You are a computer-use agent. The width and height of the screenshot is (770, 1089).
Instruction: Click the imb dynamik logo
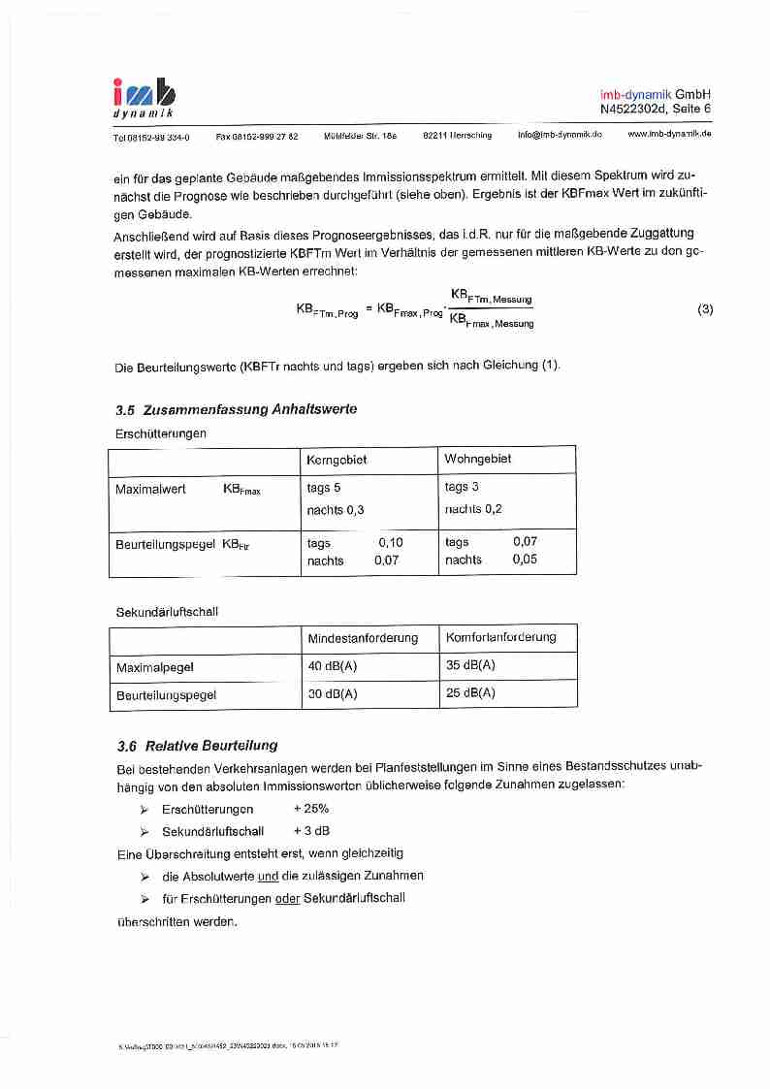point(144,98)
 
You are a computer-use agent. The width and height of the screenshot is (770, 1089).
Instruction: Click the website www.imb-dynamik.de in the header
point(669,134)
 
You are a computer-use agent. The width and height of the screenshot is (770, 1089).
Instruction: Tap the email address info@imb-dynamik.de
point(560,135)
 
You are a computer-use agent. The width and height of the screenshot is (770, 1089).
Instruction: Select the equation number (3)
point(705,309)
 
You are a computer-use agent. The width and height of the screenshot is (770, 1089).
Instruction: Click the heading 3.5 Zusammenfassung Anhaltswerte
point(236,409)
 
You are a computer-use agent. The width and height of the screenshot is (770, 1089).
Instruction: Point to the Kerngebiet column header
point(337,459)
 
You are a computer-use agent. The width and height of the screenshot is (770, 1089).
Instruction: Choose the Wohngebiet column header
point(477,459)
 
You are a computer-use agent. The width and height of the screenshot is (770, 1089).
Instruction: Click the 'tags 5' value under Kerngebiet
point(324,488)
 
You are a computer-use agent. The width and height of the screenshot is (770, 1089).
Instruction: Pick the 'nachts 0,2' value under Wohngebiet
point(473,509)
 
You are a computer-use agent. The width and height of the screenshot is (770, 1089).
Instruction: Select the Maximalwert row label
point(150,490)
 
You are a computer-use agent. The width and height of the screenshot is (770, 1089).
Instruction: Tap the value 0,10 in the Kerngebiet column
point(390,542)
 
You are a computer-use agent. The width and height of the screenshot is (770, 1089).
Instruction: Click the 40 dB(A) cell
point(333,665)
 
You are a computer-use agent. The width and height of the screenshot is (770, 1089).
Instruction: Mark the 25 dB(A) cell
point(470,692)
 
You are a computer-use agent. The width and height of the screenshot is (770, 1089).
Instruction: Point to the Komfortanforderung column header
point(500,637)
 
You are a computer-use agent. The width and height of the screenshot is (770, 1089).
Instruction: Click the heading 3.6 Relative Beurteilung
point(197,746)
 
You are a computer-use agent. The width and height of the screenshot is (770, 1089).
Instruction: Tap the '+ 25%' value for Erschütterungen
point(310,809)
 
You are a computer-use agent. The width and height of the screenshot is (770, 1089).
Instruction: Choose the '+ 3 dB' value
point(311,831)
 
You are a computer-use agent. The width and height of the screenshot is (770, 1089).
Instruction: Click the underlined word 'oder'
point(287,898)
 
